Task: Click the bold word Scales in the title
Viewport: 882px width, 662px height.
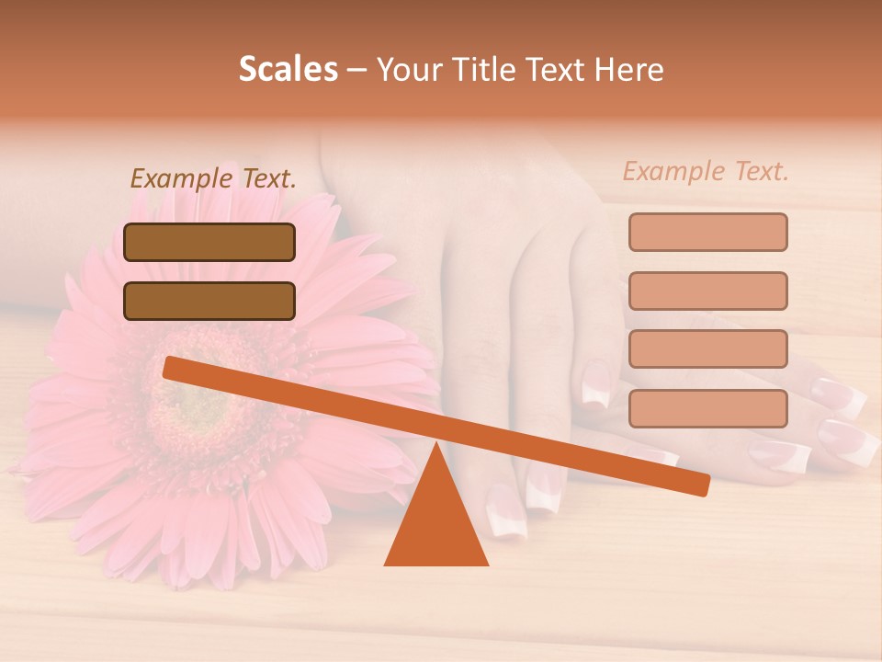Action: click(x=288, y=69)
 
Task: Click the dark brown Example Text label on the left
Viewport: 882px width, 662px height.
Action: click(x=213, y=178)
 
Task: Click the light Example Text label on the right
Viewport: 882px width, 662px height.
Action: click(x=706, y=171)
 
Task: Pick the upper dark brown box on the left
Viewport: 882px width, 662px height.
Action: click(x=209, y=242)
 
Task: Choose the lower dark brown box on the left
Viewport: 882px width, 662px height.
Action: click(x=209, y=301)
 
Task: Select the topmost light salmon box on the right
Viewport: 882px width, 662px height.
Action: click(x=707, y=232)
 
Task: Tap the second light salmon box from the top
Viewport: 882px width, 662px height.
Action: click(x=707, y=291)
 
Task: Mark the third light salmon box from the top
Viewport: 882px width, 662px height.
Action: click(x=707, y=348)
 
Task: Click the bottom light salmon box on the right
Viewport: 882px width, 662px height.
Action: click(x=707, y=408)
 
